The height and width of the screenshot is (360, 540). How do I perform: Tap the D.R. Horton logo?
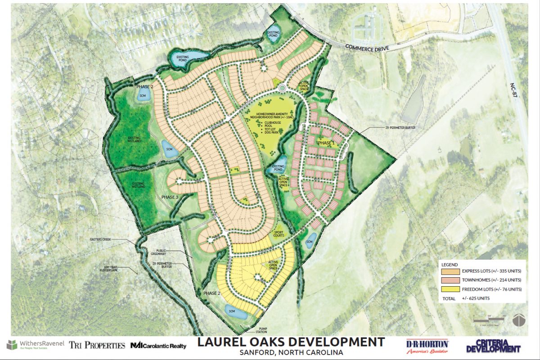[427, 346]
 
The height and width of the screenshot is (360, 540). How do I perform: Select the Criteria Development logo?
[493, 346]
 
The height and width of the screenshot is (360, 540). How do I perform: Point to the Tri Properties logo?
[97, 346]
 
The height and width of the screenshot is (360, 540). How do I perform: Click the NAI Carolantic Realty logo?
[158, 346]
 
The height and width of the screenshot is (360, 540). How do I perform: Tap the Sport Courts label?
[280, 234]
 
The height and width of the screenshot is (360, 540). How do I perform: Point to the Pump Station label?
[250, 330]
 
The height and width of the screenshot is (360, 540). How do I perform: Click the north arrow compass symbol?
[519, 320]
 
